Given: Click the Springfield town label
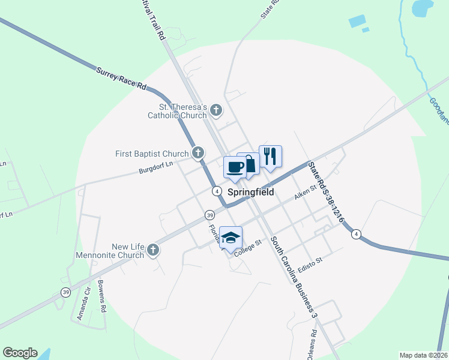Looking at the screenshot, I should [x=251, y=193].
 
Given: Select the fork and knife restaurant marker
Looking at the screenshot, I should [x=271, y=157].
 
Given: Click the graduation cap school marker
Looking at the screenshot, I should [x=231, y=238].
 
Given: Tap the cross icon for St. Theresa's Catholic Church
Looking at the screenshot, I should [x=216, y=110].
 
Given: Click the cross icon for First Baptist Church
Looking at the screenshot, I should [x=198, y=153].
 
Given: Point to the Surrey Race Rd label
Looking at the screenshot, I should [x=121, y=79].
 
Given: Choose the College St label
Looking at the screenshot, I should [x=249, y=248].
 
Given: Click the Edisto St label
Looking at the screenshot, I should [x=310, y=264].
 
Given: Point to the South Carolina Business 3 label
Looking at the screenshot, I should [x=294, y=276].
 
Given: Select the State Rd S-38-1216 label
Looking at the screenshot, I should [x=325, y=192].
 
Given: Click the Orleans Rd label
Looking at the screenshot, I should [x=313, y=341].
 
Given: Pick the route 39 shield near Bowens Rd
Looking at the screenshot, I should [x=65, y=292].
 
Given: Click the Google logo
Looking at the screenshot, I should [x=20, y=353].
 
